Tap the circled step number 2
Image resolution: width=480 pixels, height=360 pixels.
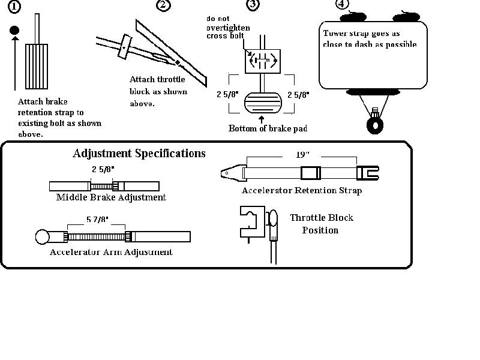tap(162, 5)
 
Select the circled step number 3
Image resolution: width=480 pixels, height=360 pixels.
tap(253, 5)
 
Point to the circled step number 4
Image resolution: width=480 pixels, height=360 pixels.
tap(341, 4)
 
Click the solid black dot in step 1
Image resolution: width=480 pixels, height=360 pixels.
tap(15, 30)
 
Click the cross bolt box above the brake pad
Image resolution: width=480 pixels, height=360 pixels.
tap(262, 60)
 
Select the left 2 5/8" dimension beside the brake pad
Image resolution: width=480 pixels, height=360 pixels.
tap(228, 94)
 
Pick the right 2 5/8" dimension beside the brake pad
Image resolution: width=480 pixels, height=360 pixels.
tap(298, 94)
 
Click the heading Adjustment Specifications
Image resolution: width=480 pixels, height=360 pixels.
tap(139, 154)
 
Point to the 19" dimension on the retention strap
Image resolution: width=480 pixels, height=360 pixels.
tap(302, 154)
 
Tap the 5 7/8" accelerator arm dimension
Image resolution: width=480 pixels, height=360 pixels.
tap(97, 220)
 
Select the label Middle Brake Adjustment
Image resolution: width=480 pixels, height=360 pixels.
tap(111, 197)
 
